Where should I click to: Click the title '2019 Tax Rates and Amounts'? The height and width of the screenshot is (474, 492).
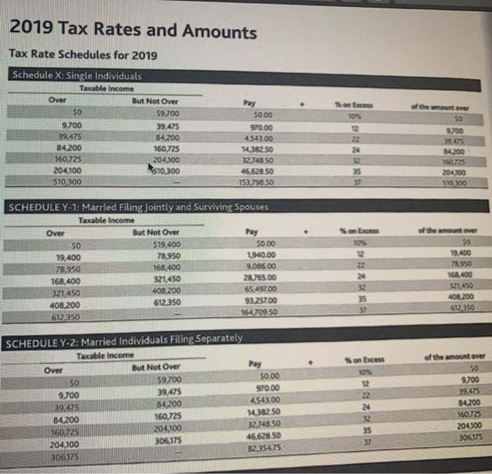click(x=134, y=32)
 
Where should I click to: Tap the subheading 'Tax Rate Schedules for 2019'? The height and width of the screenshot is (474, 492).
click(x=83, y=55)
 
